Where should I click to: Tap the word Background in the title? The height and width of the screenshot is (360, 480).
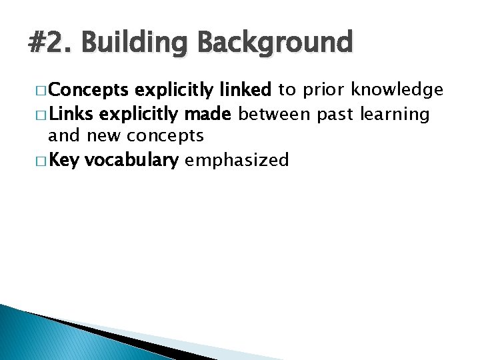(275, 43)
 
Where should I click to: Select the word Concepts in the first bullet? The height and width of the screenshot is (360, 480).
(88, 90)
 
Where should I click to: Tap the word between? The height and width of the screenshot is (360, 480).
(275, 114)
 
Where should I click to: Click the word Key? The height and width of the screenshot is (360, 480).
(64, 161)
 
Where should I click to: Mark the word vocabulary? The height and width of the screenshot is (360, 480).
(132, 161)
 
